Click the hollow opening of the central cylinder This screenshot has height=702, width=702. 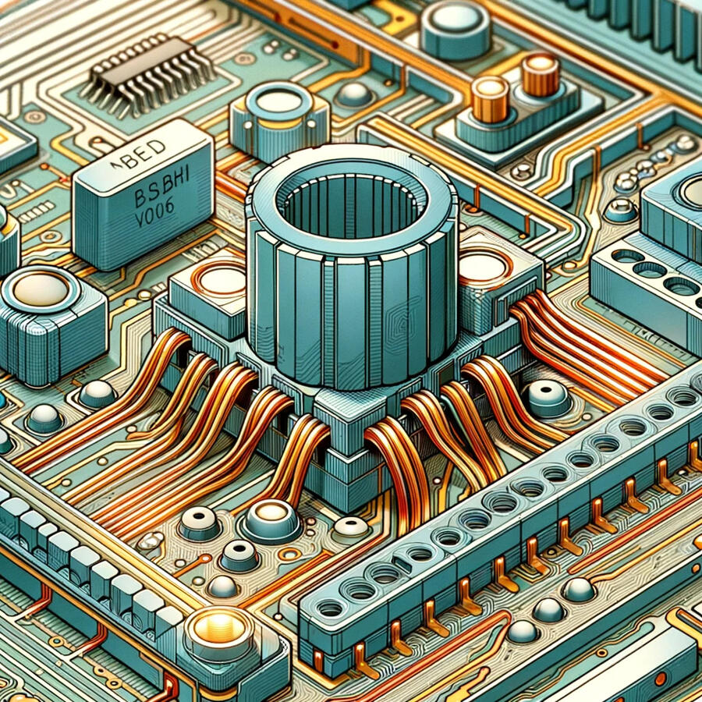pos(350,204)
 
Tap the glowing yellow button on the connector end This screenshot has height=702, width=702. pos(219,624)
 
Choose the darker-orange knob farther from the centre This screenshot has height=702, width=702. pos(540,74)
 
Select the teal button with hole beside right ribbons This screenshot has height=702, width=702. pos(548,398)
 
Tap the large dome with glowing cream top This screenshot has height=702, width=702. pos(270,517)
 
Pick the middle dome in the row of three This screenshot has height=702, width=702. pos(549,609)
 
